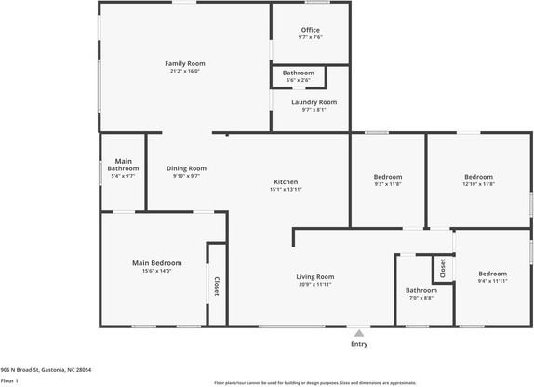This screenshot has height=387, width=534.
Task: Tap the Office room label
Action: [310, 30]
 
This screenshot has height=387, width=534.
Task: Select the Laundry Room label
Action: [314, 101]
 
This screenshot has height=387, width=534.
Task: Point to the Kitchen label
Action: [286, 181]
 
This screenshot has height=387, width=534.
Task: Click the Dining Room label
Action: [186, 168]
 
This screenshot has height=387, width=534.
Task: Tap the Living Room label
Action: [315, 276]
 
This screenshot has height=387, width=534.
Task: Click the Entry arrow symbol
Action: [359, 330]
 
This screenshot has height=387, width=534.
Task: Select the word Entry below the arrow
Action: [359, 344]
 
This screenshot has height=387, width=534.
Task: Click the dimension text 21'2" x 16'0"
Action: [184, 71]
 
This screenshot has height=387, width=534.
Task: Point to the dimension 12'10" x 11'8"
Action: [479, 184]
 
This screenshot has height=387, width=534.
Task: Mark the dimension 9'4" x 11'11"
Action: [492, 280]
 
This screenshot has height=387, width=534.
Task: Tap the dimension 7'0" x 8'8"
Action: [421, 298]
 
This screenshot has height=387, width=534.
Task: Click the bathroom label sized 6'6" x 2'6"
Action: [299, 73]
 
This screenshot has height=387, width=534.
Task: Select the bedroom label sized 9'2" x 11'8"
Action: [388, 177]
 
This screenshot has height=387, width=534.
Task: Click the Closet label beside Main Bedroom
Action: [217, 287]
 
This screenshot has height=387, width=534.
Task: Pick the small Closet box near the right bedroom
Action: [443, 269]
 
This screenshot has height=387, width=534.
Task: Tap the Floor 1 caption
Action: [10, 380]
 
